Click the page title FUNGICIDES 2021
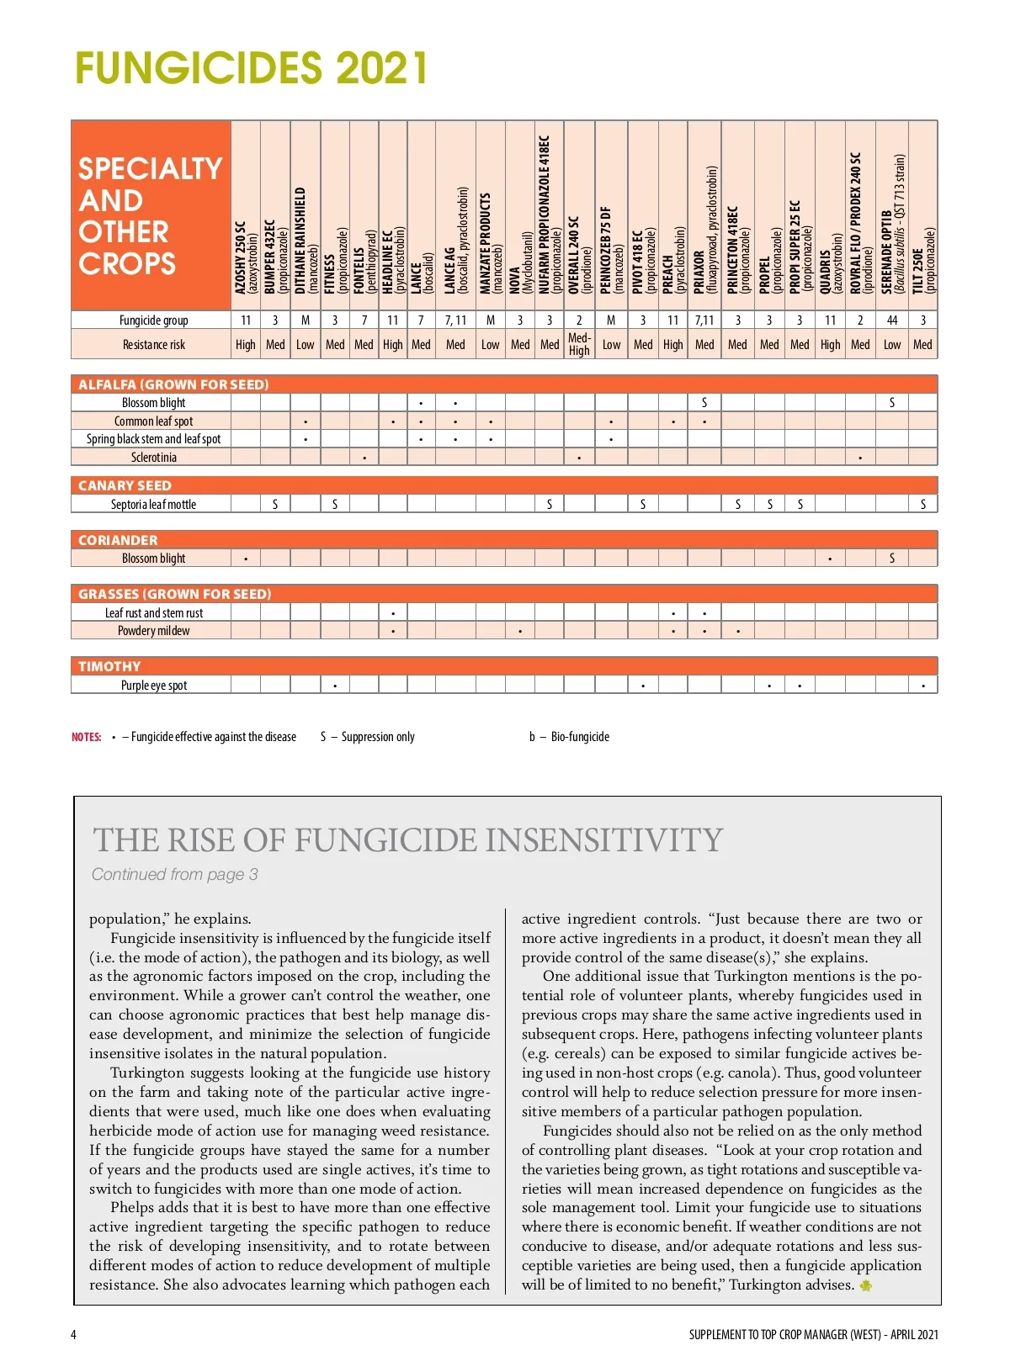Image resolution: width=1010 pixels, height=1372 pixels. [x=251, y=68]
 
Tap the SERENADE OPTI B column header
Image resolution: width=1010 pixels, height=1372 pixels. [x=892, y=224]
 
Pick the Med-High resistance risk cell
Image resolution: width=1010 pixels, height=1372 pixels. [x=579, y=344]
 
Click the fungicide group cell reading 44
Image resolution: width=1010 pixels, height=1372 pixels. [x=892, y=320]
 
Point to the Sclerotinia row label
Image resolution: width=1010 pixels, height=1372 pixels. [x=154, y=458]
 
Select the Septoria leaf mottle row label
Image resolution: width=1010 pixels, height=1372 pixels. [x=153, y=505]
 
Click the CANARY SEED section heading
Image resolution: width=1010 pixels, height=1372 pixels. [x=125, y=485]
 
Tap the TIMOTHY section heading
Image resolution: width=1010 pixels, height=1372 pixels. [x=109, y=666]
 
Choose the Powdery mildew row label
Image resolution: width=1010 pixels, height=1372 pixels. [x=153, y=631]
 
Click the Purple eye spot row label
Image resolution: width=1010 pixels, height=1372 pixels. [x=154, y=686]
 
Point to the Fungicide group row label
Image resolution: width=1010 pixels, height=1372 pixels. [x=153, y=320]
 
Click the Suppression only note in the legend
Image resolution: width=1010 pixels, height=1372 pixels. [x=368, y=737]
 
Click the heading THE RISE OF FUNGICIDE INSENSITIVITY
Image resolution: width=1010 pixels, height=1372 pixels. [x=408, y=840]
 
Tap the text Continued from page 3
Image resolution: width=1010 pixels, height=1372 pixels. [x=174, y=875]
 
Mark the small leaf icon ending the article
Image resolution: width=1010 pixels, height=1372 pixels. [x=865, y=1285]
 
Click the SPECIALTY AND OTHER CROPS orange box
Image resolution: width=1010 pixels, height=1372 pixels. [x=151, y=215]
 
